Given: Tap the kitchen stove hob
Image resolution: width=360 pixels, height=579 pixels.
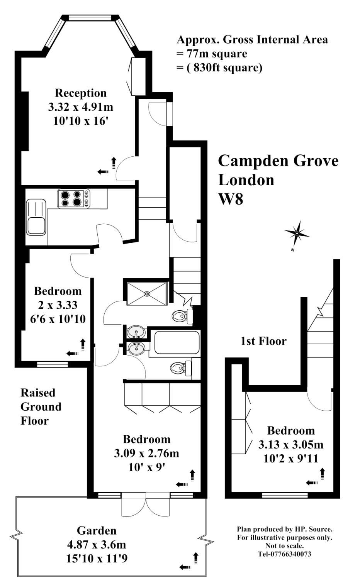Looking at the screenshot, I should pos(73,198).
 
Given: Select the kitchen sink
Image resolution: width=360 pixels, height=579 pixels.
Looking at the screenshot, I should pos(36,217).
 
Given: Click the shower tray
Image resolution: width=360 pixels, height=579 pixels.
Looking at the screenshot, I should pos(146,294).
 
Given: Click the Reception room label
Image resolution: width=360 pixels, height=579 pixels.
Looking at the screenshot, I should pos(80,93).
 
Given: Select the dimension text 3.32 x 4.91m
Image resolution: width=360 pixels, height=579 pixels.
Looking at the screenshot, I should pos(80,107).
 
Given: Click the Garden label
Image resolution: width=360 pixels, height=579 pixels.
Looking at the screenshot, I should pos(97,531).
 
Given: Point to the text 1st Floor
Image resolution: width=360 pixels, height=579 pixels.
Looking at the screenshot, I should pos(263,341).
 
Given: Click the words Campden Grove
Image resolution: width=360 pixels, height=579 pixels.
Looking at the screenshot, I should pos(278,161).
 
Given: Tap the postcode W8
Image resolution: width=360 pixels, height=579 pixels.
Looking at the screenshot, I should pos(231,200).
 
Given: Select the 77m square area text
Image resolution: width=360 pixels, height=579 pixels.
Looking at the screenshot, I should pos(212,54).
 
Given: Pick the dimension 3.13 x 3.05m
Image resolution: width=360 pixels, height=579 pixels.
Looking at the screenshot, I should pos(290,445).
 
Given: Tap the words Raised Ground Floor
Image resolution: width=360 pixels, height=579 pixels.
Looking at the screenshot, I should pos(41,407).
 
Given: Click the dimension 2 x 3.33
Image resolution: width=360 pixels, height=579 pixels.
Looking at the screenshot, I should pos(58,305).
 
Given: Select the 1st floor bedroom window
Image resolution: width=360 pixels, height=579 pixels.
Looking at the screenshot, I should pos(285,495).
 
